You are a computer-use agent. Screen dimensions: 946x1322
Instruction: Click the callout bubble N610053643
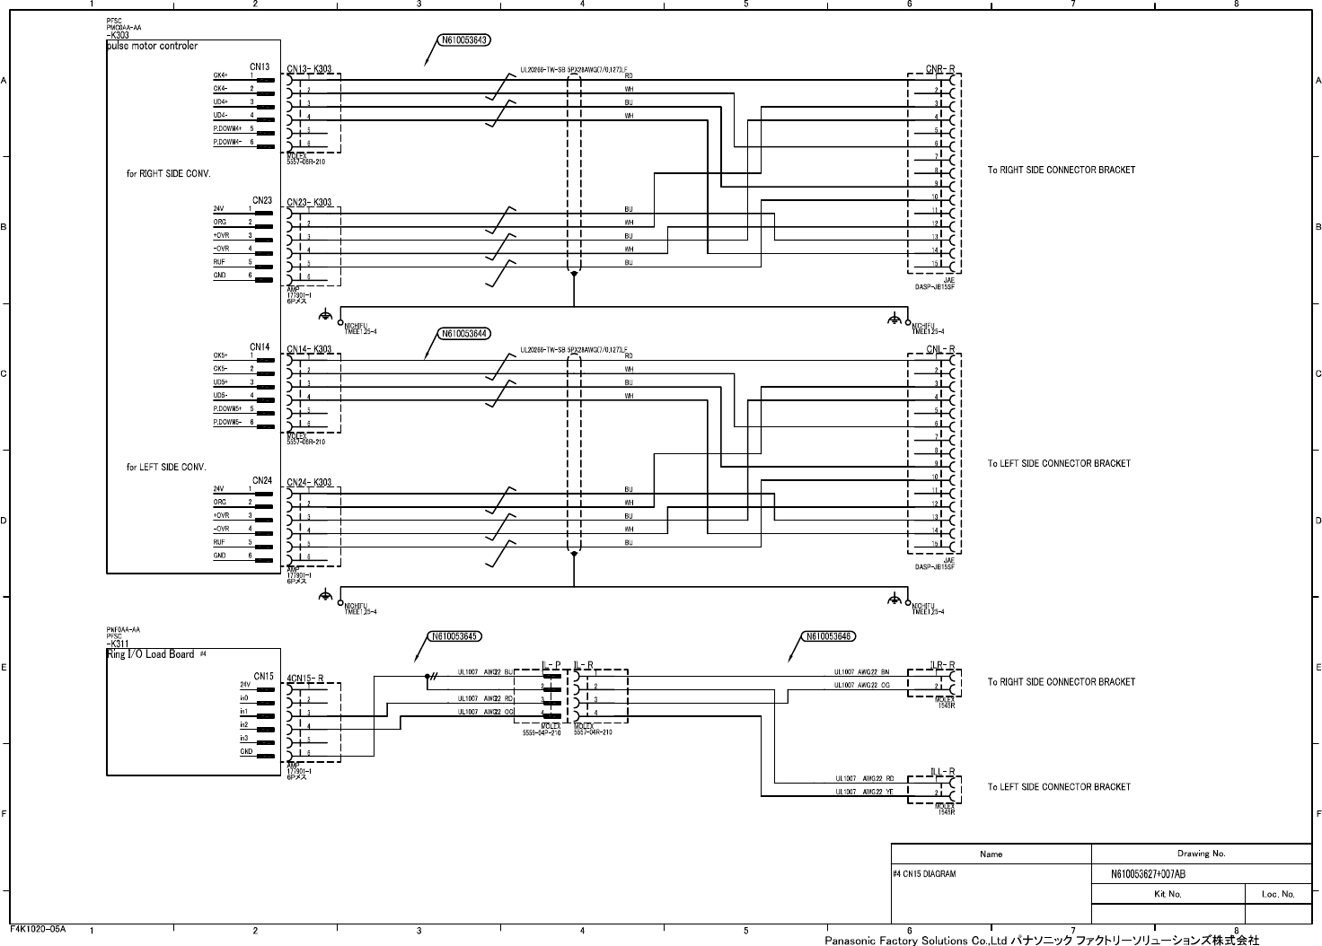(x=464, y=40)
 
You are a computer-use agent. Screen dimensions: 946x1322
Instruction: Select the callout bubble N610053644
(x=464, y=334)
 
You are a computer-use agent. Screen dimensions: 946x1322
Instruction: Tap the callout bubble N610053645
(x=454, y=636)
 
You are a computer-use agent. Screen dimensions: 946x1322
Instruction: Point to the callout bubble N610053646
(x=827, y=636)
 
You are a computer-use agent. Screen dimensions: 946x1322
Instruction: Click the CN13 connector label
(x=260, y=66)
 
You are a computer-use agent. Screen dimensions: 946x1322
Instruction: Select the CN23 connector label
(x=261, y=200)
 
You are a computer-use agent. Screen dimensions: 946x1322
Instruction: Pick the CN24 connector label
(x=261, y=480)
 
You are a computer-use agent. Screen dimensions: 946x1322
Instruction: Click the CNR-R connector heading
(x=940, y=67)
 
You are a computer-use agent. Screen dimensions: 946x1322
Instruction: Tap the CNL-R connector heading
(x=940, y=349)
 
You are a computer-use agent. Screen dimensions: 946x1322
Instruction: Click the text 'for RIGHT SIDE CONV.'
(x=168, y=173)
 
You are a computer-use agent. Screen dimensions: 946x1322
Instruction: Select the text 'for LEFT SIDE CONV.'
(x=166, y=467)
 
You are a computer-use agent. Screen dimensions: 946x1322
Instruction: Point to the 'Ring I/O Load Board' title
(x=151, y=654)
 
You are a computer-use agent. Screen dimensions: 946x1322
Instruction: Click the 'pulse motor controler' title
(x=152, y=46)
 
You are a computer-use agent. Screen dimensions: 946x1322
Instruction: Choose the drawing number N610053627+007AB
(x=1148, y=874)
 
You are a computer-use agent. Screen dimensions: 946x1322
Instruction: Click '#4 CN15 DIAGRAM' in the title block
(x=925, y=873)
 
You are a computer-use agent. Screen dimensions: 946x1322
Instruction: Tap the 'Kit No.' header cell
(x=1168, y=894)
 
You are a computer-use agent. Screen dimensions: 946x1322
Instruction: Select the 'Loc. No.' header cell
(x=1278, y=894)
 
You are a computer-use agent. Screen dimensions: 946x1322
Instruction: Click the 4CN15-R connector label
(x=304, y=678)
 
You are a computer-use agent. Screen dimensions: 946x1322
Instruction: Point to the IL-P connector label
(x=551, y=666)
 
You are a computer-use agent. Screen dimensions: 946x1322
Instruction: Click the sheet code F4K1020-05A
(x=38, y=929)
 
